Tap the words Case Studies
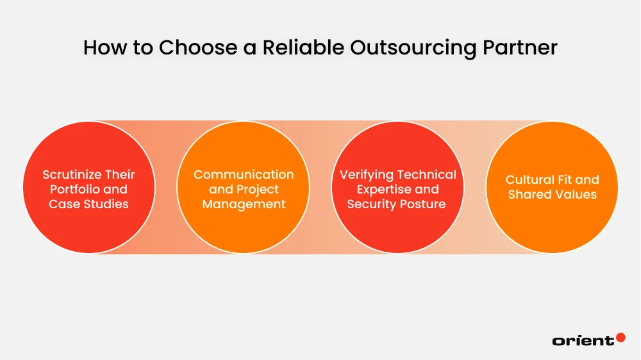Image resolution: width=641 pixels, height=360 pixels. pyautogui.click(x=89, y=204)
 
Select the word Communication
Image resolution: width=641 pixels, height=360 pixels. pyautogui.click(x=244, y=174)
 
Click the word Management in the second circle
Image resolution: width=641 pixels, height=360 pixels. pyautogui.click(x=244, y=204)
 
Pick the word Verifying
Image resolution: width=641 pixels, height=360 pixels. pyautogui.click(x=366, y=174)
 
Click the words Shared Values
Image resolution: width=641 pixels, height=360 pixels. pyautogui.click(x=552, y=194)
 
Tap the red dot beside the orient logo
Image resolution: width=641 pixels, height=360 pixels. pyautogui.click(x=620, y=337)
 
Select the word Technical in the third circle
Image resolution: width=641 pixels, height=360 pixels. pyautogui.click(x=426, y=174)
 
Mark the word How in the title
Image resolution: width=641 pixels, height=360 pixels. pyautogui.click(x=100, y=47)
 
